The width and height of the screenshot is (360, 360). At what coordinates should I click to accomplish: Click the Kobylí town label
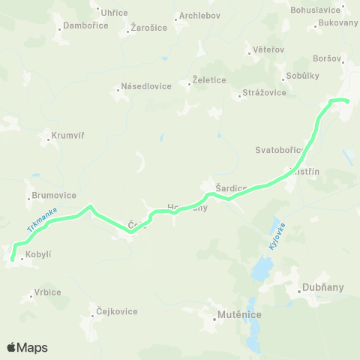click(38, 255)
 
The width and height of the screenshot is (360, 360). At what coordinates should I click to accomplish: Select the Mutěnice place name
click(238, 316)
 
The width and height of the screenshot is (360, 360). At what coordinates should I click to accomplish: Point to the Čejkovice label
click(116, 311)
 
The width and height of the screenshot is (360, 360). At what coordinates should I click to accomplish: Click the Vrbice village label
click(47, 292)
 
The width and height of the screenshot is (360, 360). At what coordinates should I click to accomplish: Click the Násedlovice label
click(147, 86)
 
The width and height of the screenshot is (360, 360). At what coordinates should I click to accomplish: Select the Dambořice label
click(86, 25)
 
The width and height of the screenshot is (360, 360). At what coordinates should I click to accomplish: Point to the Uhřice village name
click(114, 13)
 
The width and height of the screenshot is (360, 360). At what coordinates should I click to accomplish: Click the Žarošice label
click(149, 27)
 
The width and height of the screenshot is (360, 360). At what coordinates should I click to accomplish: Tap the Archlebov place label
click(199, 16)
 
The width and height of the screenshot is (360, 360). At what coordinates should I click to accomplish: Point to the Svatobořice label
click(279, 151)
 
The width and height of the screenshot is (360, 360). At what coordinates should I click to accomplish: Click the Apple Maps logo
click(27, 347)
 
